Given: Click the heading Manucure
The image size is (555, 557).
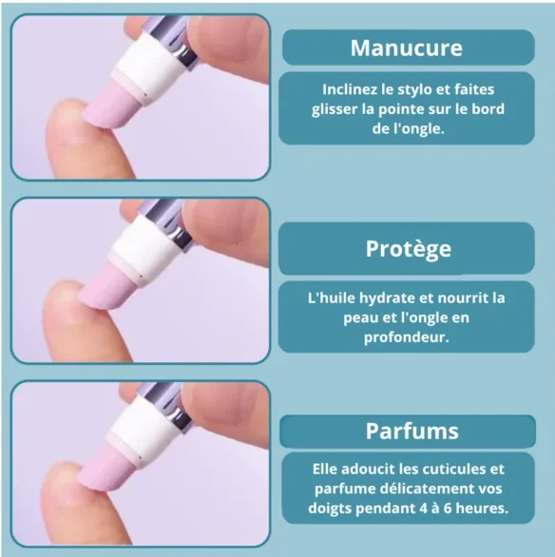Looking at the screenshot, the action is point(407,48).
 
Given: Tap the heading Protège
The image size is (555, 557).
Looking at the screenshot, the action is point(409,249).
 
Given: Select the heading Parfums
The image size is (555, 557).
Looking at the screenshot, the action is point(412,432).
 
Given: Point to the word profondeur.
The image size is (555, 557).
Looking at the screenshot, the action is point(406,337).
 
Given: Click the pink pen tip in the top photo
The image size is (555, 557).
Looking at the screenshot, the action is point(112,106).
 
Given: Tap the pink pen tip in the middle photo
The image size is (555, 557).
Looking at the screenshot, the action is point(108,287).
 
